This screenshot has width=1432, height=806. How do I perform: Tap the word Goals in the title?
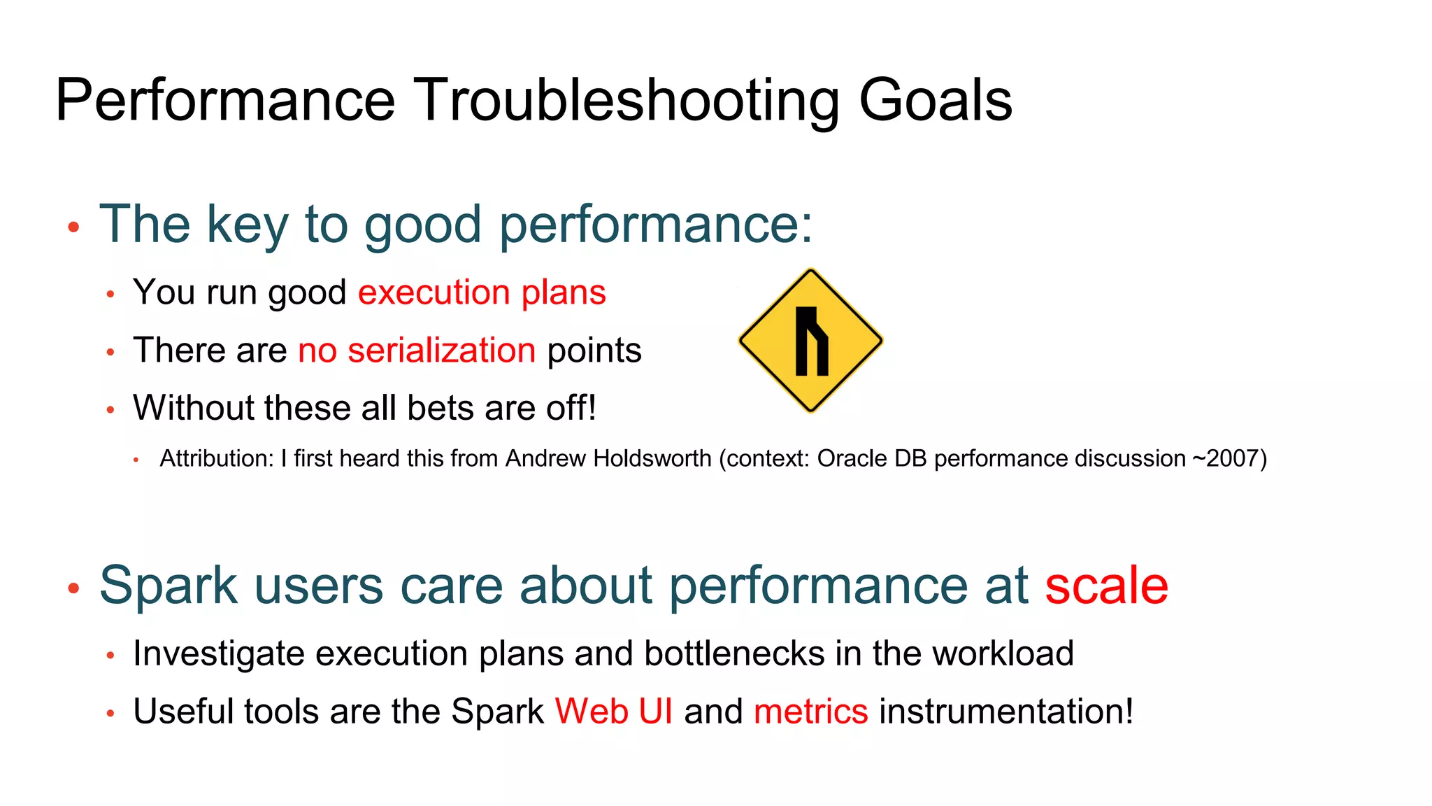pyautogui.click(x=935, y=100)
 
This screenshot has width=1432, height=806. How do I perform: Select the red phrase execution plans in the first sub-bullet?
pyautogui.click(x=482, y=292)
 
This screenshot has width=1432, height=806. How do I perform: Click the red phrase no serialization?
pyautogui.click(x=417, y=351)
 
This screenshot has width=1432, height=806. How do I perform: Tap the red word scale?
pyautogui.click(x=1106, y=586)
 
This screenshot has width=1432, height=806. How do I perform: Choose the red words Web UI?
pyautogui.click(x=613, y=712)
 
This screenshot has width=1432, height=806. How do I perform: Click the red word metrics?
pyautogui.click(x=810, y=712)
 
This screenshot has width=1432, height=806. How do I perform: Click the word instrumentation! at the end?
pyautogui.click(x=1005, y=712)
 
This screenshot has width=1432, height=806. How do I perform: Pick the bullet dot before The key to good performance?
pyautogui.click(x=73, y=227)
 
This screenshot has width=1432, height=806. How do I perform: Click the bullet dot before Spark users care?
pyautogui.click(x=73, y=588)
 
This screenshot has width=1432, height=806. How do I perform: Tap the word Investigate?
pyautogui.click(x=219, y=654)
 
